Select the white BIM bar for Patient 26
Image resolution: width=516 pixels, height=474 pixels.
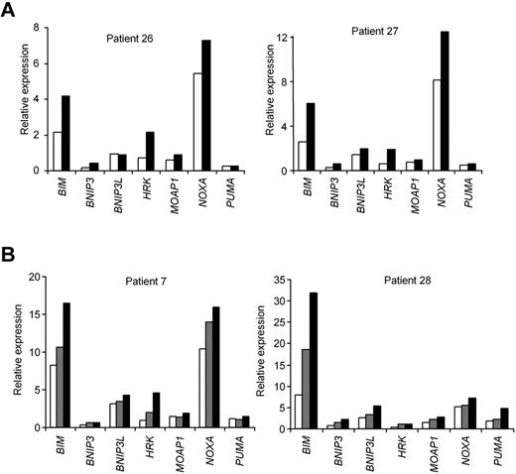click(x=59, y=151)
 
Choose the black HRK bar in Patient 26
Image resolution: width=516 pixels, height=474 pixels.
click(x=151, y=151)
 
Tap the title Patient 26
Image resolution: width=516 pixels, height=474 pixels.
click(x=131, y=40)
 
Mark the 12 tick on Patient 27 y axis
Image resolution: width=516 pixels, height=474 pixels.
click(x=281, y=38)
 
